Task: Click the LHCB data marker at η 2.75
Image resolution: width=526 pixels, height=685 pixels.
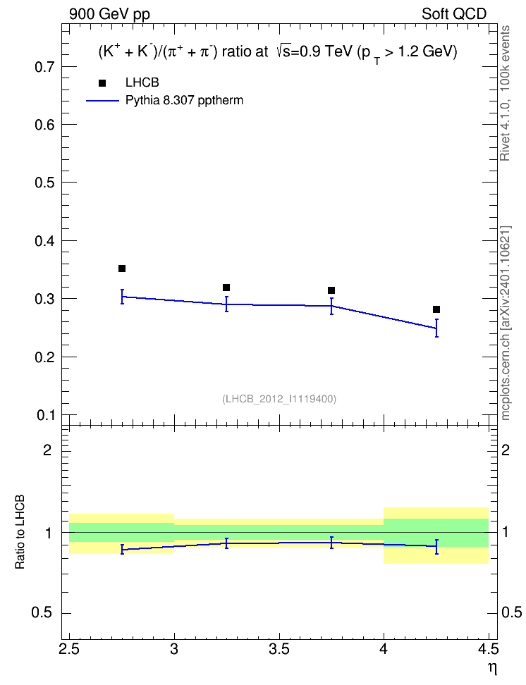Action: pos(122,269)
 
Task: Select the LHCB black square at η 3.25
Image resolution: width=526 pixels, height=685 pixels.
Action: pos(226,288)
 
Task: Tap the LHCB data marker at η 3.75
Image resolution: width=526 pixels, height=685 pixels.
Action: pos(331,290)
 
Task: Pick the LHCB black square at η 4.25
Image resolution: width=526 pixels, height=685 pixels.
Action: pos(436,309)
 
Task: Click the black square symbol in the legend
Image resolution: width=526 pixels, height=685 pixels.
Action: pos(102,83)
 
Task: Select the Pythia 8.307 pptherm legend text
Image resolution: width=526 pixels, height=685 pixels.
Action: pos(184,101)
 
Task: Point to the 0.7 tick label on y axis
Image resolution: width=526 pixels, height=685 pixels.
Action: pos(44,67)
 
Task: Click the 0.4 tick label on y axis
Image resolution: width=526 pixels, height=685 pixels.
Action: pos(44,241)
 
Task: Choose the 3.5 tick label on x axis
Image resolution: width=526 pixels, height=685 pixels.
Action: pos(279,649)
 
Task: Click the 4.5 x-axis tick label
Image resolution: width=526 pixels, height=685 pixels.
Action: pos(489,649)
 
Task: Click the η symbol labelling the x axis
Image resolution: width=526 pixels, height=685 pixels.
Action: pos(492,669)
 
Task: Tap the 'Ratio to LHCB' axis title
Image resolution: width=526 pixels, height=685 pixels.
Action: pos(20,532)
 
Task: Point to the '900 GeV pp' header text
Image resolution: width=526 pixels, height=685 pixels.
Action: pos(109,14)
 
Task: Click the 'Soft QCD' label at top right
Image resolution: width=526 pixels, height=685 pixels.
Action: pos(454,14)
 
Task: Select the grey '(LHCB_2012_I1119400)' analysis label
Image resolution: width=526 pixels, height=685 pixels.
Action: pos(279,399)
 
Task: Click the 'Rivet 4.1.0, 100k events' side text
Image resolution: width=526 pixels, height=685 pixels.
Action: pos(505,93)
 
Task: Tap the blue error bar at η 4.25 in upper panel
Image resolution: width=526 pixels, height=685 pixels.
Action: pos(436,328)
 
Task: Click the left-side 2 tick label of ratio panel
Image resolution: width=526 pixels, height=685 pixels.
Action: pos(47,450)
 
